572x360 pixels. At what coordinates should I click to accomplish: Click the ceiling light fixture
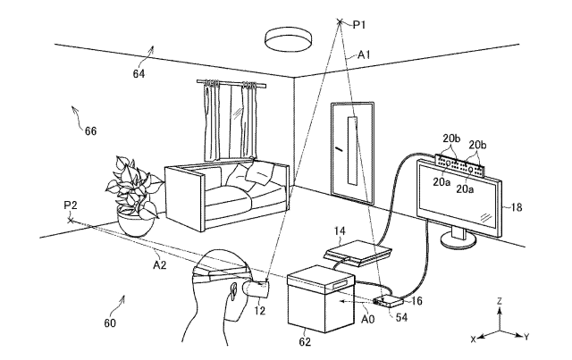[288, 39]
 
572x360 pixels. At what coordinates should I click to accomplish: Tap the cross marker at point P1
[340, 21]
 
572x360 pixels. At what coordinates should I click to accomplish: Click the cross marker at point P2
[71, 221]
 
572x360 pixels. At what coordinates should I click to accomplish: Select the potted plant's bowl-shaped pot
[136, 223]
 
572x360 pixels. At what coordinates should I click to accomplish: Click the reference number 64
[139, 74]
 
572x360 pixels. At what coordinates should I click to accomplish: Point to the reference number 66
[90, 131]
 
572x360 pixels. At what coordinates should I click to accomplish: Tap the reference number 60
[110, 323]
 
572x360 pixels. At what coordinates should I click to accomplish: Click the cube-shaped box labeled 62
[321, 299]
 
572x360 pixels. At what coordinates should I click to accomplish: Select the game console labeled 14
[357, 253]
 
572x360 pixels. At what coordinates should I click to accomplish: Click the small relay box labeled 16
[388, 301]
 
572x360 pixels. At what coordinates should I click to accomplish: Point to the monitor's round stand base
[458, 240]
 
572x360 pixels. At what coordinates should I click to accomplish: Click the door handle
[340, 149]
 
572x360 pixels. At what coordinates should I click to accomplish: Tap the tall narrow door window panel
[353, 151]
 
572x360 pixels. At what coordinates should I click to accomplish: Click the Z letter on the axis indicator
[500, 301]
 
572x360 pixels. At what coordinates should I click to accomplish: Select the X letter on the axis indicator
[473, 339]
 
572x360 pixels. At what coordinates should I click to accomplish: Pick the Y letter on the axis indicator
[526, 338]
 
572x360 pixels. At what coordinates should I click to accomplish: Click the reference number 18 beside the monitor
[517, 207]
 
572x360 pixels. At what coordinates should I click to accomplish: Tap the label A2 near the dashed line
[159, 265]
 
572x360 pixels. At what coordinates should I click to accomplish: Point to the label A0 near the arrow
[367, 320]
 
